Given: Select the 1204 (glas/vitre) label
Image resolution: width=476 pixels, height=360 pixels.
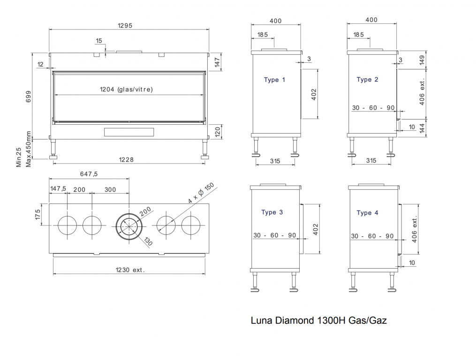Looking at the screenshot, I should coord(127,89).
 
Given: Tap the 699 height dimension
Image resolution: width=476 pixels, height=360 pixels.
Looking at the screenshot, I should coord(29,97).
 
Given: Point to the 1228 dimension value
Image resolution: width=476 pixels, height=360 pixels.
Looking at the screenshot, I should coord(126,159).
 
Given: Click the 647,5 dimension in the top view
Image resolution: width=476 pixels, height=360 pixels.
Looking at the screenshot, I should coord(89,174).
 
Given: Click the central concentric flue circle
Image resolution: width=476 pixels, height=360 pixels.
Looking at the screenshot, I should coord(128,226).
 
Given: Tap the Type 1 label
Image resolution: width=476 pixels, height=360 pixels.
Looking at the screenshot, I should coord(274,80).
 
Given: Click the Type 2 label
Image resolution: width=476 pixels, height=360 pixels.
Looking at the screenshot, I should coord(367,80).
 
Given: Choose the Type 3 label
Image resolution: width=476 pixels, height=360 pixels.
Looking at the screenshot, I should coord(272,212).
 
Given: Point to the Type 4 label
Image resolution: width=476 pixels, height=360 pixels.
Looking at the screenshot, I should coord(367,213).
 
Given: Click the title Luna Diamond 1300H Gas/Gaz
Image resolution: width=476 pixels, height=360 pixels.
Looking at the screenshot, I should coord(319,321).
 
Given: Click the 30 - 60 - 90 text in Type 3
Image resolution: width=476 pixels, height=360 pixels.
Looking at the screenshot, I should coord(275,235).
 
